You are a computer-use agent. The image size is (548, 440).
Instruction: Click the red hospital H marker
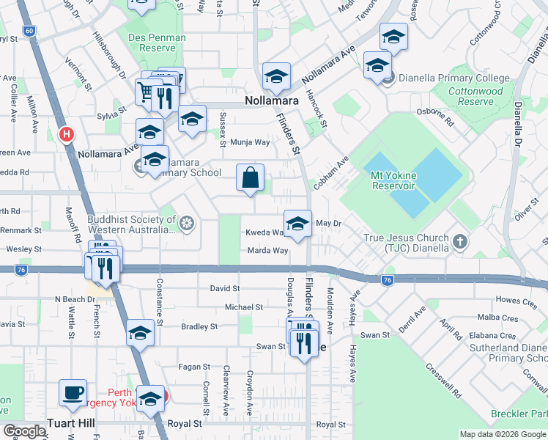(x=67, y=134)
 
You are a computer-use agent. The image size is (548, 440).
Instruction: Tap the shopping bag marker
(x=251, y=177)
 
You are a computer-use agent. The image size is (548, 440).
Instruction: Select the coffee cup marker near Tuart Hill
(x=73, y=393)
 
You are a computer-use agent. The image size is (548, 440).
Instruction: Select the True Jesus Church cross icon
(x=459, y=241)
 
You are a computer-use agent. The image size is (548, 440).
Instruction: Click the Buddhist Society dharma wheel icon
(x=188, y=223)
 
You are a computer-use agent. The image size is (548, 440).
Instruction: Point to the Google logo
(x=24, y=431)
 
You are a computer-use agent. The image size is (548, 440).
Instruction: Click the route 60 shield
(x=29, y=31)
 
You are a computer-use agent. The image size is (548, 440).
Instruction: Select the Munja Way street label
(x=251, y=143)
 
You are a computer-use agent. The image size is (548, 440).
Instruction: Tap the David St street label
(x=224, y=289)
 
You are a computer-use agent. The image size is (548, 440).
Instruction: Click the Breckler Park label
(x=521, y=414)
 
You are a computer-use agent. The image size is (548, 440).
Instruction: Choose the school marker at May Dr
(x=297, y=224)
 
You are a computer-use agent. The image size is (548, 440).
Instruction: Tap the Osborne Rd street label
(x=435, y=118)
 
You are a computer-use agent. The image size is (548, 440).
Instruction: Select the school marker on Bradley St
(x=139, y=333)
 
